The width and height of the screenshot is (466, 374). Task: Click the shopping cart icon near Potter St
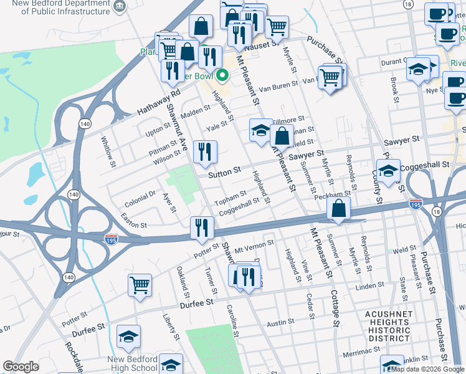[x=140, y=285]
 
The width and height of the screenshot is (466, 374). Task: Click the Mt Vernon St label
[x=254, y=243]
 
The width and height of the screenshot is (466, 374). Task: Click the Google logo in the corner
[x=21, y=367]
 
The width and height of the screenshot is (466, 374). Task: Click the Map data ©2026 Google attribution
[x=427, y=369]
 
